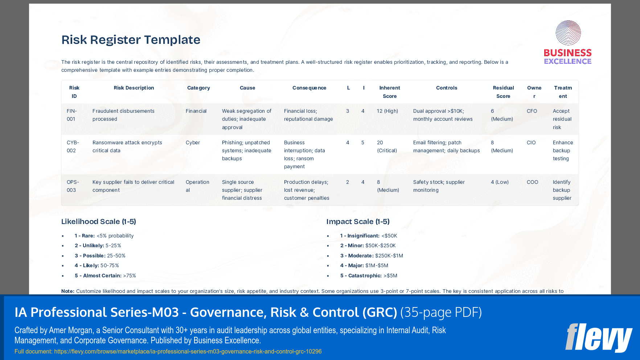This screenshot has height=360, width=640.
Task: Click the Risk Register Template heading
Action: pyautogui.click(x=131, y=40)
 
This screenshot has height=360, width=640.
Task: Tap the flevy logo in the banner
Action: pyautogui.click(x=598, y=338)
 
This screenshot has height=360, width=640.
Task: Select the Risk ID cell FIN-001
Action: pyautogui.click(x=71, y=115)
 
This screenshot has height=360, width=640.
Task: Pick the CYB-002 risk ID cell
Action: pyautogui.click(x=73, y=146)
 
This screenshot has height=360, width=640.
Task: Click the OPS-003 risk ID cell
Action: pyautogui.click(x=73, y=186)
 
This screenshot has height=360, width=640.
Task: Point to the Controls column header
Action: pyautogui.click(x=446, y=88)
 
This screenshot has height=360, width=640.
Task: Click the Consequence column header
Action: pyautogui.click(x=309, y=88)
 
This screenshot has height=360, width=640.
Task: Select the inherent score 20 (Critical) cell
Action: pyautogui.click(x=386, y=146)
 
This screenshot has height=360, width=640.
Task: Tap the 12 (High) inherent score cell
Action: pyautogui.click(x=387, y=111)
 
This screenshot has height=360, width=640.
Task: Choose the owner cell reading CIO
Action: pyautogui.click(x=531, y=142)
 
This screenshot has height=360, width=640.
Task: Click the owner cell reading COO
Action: pyautogui.click(x=532, y=182)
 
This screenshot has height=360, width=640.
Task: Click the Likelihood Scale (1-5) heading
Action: pyautogui.click(x=98, y=222)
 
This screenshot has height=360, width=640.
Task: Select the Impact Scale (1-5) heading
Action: pyautogui.click(x=358, y=222)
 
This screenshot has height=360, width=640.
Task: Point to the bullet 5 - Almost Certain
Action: pyautogui.click(x=105, y=276)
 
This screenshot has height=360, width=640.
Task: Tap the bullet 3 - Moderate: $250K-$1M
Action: pyautogui.click(x=371, y=256)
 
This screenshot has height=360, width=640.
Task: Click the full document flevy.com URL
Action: pyautogui.click(x=188, y=351)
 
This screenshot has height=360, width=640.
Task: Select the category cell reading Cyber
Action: pyautogui.click(x=193, y=142)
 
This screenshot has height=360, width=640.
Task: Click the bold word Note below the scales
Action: pyautogui.click(x=67, y=291)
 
